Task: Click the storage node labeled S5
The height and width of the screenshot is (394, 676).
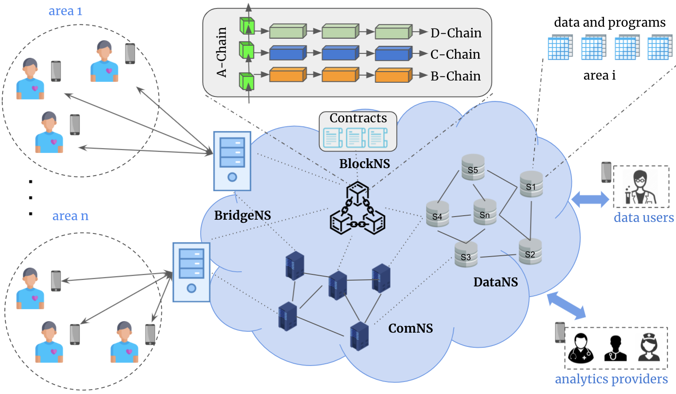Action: (x=473, y=167)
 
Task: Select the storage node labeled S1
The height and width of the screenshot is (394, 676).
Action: (x=531, y=184)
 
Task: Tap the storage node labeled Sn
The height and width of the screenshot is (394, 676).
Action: (x=485, y=212)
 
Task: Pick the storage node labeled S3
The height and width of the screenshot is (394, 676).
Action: (x=466, y=255)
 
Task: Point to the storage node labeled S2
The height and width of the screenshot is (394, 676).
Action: (x=530, y=252)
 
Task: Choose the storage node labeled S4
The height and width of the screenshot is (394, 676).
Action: (x=437, y=214)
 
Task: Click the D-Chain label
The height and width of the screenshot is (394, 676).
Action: (x=456, y=33)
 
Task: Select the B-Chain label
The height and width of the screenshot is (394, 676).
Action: (x=455, y=76)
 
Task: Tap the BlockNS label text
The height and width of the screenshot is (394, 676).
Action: (x=365, y=164)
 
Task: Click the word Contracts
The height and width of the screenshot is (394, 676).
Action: (x=358, y=118)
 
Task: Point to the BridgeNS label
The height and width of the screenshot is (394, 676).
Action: (x=242, y=215)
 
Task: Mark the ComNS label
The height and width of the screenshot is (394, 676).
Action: (x=410, y=328)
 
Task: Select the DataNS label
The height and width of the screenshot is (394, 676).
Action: (x=495, y=282)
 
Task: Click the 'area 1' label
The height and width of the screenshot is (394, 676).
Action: (x=65, y=11)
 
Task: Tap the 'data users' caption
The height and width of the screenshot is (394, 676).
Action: (x=644, y=217)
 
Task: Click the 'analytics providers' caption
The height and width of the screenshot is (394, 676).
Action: (x=611, y=379)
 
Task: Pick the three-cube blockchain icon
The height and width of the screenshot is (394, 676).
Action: (x=358, y=208)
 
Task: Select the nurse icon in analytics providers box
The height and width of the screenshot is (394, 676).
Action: (x=649, y=347)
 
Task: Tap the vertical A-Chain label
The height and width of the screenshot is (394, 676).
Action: (x=222, y=52)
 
